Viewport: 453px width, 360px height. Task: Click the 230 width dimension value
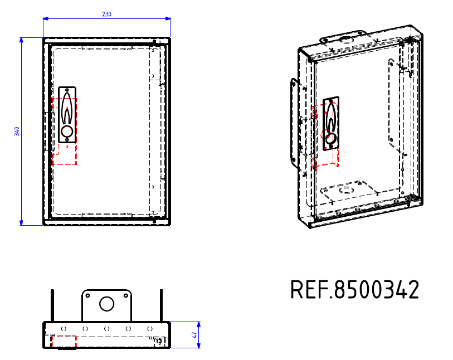pyautogui.click(x=106, y=14)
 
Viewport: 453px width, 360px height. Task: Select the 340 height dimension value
pyautogui.click(x=17, y=131)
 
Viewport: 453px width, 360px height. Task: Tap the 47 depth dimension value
pyautogui.click(x=194, y=335)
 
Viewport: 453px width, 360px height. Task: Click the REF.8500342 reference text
pyautogui.click(x=354, y=290)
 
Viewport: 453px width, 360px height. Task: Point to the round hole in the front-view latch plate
pyautogui.click(x=67, y=132)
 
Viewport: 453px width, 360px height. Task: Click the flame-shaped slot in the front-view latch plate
pyautogui.click(x=67, y=110)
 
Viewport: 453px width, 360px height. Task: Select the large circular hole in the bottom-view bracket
pyautogui.click(x=106, y=304)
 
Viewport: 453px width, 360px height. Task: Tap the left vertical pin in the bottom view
pyautogui.click(x=52, y=305)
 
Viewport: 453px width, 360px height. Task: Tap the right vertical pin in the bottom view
pyautogui.click(x=161, y=305)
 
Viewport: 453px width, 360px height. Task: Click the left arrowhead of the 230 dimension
pyautogui.click(x=46, y=18)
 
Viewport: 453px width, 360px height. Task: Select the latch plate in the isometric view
pyautogui.click(x=332, y=123)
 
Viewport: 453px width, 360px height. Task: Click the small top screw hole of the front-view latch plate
pyautogui.click(x=67, y=90)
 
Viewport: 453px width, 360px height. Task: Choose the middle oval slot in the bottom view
pyautogui.click(x=106, y=329)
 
